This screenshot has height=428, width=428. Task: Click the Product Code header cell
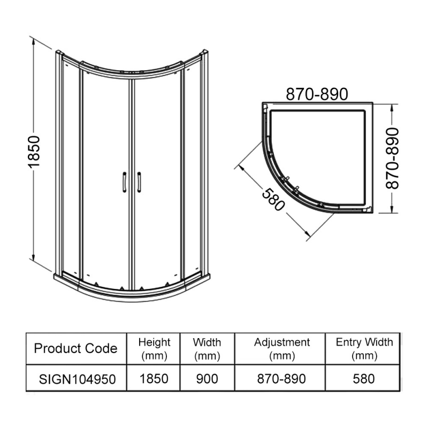point(75,349)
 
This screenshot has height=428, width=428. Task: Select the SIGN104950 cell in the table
point(75,379)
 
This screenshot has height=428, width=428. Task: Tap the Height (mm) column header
point(154,348)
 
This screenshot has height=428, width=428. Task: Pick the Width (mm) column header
point(207,348)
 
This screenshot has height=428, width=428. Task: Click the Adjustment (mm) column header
point(281,348)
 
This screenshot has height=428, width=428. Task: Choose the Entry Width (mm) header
point(363,348)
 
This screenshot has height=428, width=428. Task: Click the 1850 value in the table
point(154,379)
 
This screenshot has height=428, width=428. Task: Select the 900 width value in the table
point(207,379)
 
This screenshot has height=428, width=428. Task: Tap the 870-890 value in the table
point(281,379)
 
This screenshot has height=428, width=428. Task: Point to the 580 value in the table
point(363,379)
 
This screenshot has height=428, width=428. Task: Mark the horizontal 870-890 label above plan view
point(317,94)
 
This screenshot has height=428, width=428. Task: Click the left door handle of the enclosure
point(124,181)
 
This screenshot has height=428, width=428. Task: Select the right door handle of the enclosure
point(139,181)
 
